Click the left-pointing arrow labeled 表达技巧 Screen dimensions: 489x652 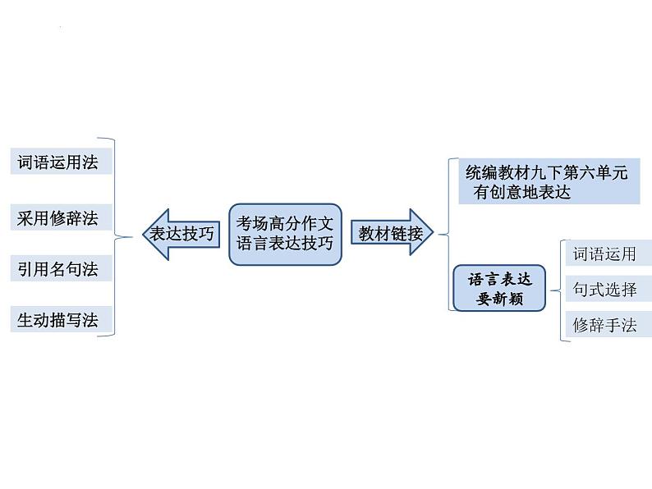pos(178,234)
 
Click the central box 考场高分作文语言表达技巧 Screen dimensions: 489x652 pos(285,233)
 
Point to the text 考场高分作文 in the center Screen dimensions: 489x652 pos(285,223)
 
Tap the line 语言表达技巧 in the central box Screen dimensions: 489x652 pos(285,243)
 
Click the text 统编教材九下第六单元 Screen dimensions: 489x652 pos(546,173)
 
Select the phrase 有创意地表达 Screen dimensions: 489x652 pos(522,193)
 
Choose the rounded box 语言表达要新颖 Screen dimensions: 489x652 pos(499,288)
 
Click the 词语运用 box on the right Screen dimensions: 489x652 pos(604,254)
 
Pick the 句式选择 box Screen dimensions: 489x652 pos(604,289)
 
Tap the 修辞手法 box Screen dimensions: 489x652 pos(604,325)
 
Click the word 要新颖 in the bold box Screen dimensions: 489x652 pos(499,299)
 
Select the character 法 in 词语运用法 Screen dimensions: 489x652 pos(90,162)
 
